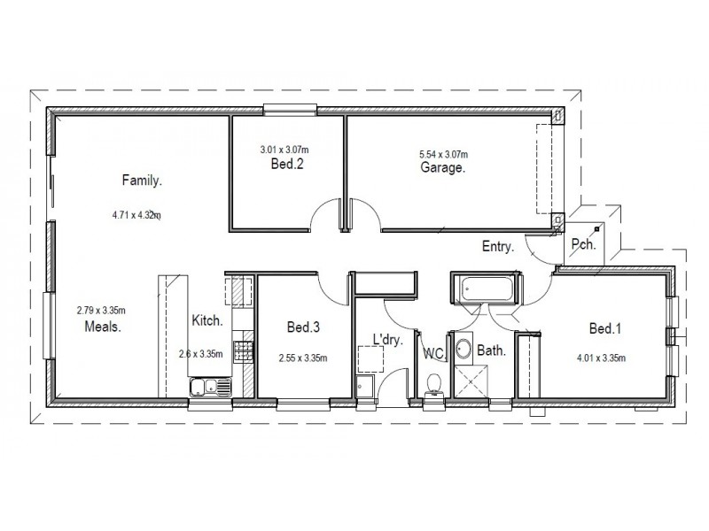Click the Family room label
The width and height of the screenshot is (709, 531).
click(142, 181)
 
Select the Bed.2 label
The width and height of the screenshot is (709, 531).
click(288, 165)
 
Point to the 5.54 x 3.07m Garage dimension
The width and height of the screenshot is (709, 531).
click(443, 153)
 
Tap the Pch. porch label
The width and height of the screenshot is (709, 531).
click(582, 243)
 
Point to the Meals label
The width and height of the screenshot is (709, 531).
click(102, 325)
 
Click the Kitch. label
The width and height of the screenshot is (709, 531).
click(206, 322)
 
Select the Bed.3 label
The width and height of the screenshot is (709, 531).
click(303, 328)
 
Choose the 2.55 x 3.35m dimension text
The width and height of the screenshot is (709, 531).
click(303, 358)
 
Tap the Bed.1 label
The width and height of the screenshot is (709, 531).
click(605, 329)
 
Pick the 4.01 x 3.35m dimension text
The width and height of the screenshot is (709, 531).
click(602, 358)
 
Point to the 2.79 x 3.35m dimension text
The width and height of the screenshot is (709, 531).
click(102, 310)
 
